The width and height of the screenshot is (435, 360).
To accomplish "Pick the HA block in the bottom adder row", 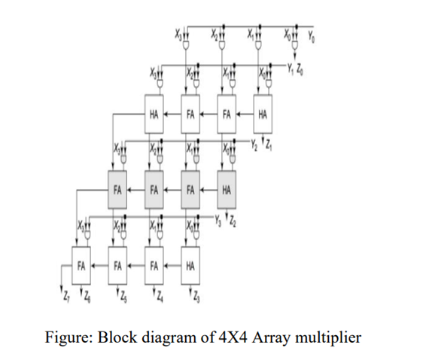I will point(191,265).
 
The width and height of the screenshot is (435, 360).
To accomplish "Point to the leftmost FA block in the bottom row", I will point(81,265).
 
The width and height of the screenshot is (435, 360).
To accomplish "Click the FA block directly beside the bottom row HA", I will point(155,265).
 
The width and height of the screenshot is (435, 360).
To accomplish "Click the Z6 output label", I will point(89,292).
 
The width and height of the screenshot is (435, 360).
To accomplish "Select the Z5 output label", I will point(120,292).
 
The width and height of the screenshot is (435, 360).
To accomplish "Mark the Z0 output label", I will point(300,69).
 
